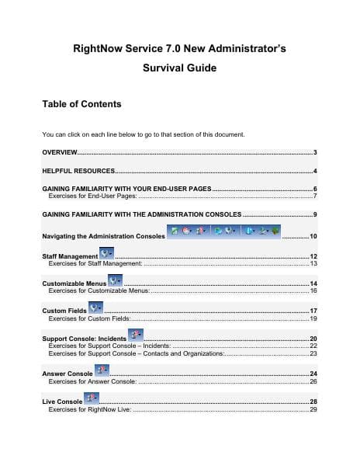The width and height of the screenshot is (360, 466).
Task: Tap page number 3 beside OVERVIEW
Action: pos(315,151)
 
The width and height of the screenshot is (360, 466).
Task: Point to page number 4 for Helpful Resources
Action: pos(315,170)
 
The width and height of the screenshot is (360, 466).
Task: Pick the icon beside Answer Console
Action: pos(103,371)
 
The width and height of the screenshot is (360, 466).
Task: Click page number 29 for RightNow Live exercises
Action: pos(313,409)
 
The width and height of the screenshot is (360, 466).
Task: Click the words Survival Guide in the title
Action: pos(179,68)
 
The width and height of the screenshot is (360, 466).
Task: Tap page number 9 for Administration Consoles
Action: pos(315,214)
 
